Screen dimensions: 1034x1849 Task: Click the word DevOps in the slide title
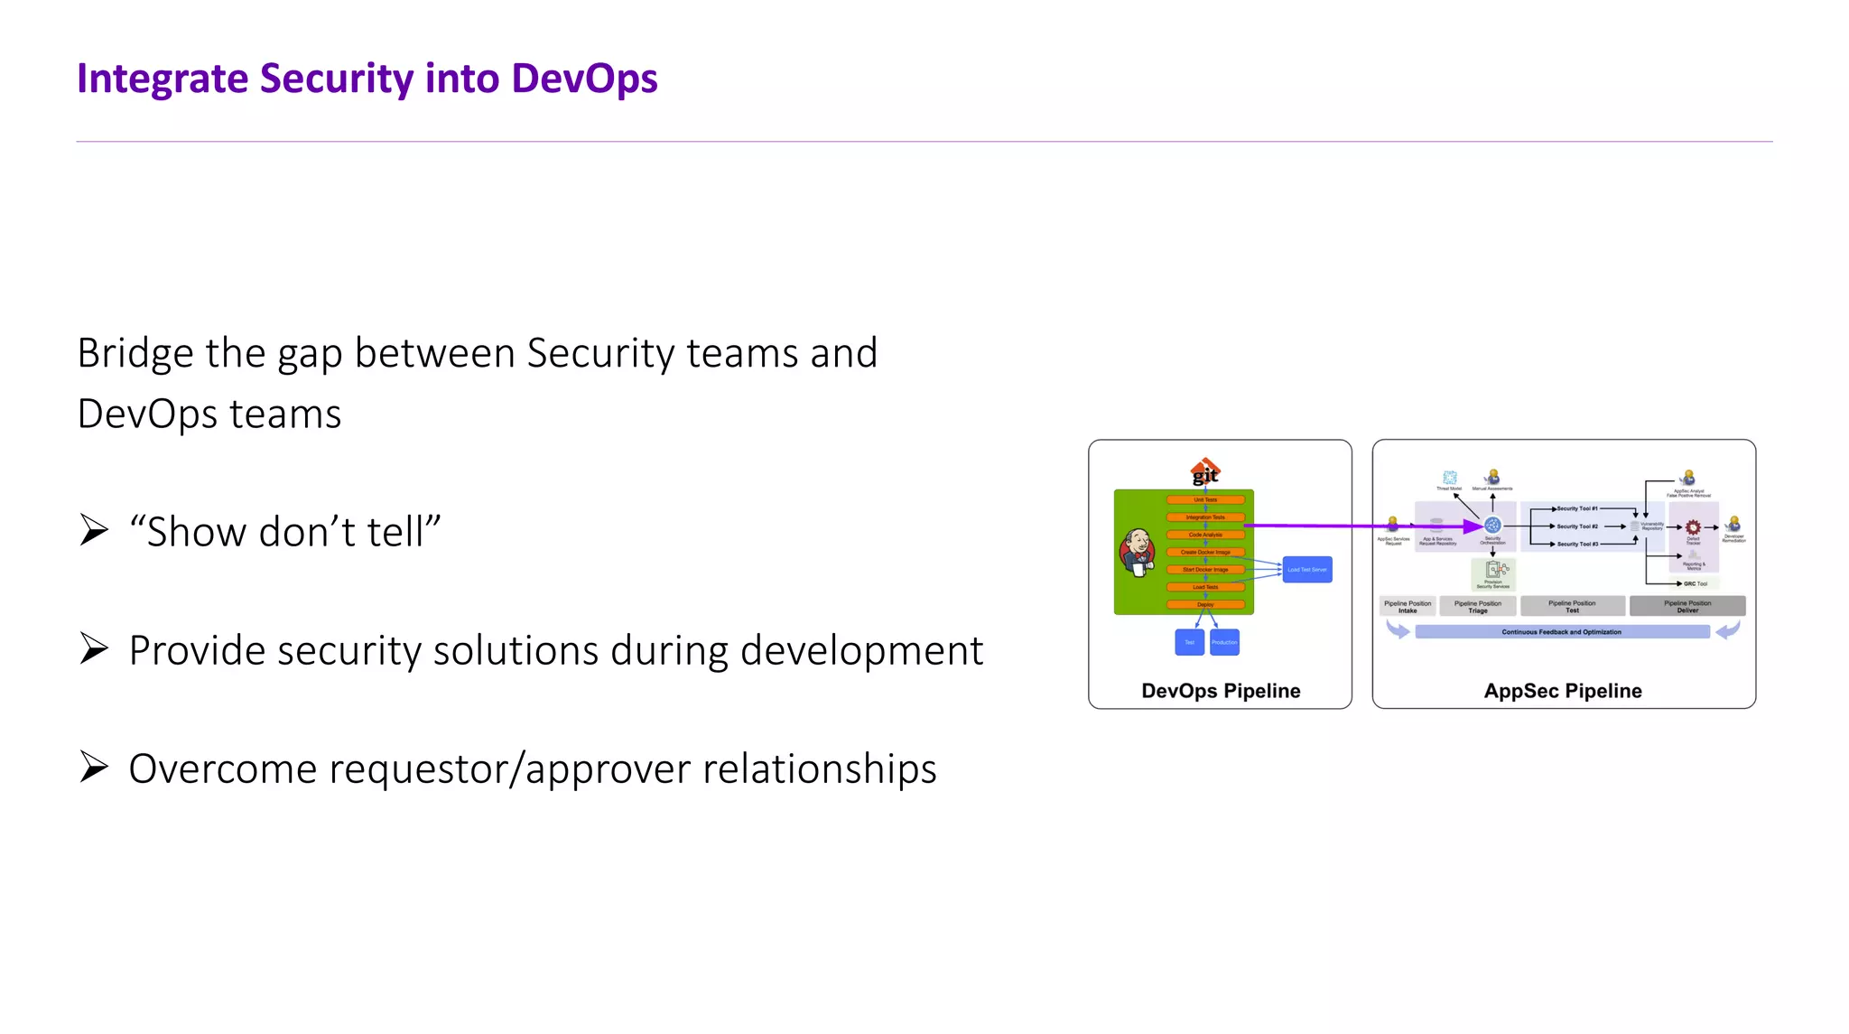pos(584,79)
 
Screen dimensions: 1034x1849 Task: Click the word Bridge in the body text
pos(135,353)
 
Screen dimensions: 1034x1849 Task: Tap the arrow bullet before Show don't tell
pos(94,530)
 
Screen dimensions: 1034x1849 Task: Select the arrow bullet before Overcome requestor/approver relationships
pos(94,767)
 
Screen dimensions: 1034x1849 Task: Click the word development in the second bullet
pos(861,651)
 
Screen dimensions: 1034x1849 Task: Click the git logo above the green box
pos(1205,471)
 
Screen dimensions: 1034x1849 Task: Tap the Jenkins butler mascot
pos(1138,552)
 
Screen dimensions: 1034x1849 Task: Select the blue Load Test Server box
pos(1306,570)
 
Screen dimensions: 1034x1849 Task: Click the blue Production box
pos(1224,642)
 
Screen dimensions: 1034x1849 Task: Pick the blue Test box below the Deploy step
pos(1189,642)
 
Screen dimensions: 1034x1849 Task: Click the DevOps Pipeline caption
pos(1221,691)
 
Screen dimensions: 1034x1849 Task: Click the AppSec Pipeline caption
pos(1563,691)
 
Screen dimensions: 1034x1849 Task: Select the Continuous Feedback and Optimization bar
pos(1562,632)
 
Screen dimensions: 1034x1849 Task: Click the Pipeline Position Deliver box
pos(1686,606)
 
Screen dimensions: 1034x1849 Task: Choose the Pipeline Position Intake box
pos(1407,606)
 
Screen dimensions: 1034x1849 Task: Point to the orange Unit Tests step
pos(1205,499)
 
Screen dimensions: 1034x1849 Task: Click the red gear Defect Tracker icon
pos(1693,527)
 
